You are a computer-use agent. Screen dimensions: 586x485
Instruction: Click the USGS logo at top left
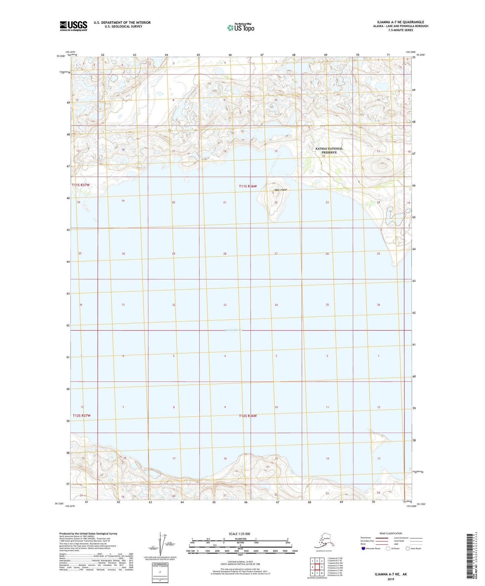(x=73, y=26)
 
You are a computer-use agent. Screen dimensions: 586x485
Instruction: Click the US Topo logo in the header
(x=240, y=27)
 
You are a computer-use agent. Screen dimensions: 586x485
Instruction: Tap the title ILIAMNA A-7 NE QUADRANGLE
(x=398, y=22)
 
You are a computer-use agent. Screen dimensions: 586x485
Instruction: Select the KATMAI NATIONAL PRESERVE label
(x=329, y=150)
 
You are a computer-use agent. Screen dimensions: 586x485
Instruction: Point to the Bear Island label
(x=281, y=190)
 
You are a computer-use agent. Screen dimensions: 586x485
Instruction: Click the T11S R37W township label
(x=81, y=185)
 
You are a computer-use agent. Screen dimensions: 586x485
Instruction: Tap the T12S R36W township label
(x=248, y=416)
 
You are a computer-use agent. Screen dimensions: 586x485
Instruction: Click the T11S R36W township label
(x=248, y=186)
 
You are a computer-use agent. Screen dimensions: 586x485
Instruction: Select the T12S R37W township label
(x=81, y=416)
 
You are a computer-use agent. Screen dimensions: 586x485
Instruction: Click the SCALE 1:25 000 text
(x=240, y=534)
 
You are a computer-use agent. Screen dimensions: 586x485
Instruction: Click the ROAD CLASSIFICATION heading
(x=391, y=533)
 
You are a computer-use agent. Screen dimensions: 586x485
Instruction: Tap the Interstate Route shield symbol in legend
(x=363, y=548)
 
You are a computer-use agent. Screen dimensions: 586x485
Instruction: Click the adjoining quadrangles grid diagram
(x=317, y=567)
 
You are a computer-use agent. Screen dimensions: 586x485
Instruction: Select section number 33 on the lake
(x=225, y=305)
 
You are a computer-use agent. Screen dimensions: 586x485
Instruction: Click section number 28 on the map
(x=225, y=254)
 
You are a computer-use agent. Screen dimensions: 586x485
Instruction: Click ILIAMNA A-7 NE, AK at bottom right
(x=391, y=574)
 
